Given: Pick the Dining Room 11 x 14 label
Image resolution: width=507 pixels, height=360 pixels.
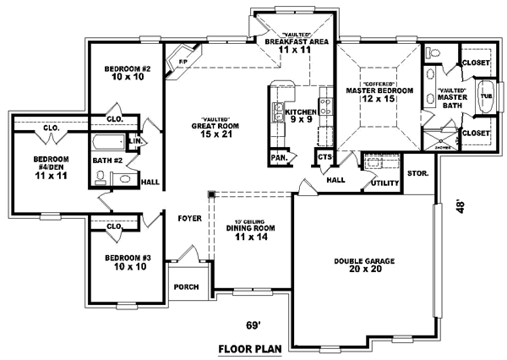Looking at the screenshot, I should click(253, 231).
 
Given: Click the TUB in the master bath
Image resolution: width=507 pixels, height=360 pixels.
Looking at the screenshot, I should click(484, 95).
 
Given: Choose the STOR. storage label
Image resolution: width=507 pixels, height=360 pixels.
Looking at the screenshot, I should click(417, 173).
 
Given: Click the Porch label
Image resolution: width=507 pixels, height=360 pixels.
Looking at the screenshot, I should click(187, 287).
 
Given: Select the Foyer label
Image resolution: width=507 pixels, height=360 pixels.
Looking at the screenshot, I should click(188, 218).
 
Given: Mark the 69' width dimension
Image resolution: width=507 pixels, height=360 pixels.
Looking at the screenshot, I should click(253, 324).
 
